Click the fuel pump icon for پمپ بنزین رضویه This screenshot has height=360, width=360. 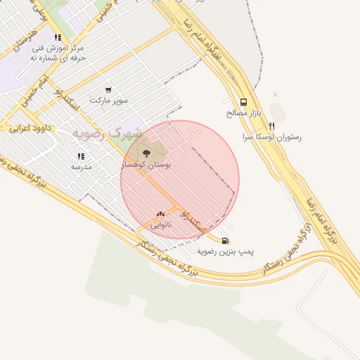225,240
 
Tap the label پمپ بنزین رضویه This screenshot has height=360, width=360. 225,250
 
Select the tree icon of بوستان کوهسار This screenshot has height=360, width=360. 146,153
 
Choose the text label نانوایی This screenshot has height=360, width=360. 160,225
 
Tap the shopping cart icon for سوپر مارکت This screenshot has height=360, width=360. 108,90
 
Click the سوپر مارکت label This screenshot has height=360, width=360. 108,101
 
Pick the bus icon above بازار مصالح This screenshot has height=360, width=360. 243,101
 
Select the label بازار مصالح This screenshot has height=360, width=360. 244,112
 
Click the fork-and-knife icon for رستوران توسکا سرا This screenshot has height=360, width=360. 271,126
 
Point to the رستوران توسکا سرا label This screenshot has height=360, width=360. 271,137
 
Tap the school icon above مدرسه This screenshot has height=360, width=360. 81,156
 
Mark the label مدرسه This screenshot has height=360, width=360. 81,167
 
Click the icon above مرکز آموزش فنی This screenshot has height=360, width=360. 58,37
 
